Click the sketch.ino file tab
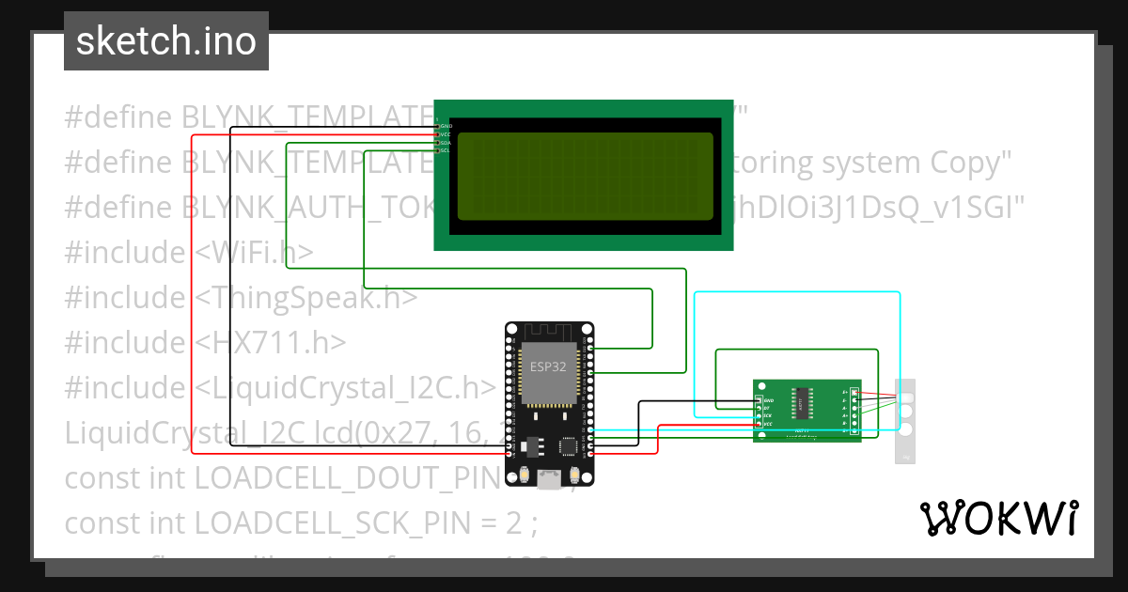[165, 41]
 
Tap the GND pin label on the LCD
[446, 126]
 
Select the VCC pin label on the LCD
[446, 134]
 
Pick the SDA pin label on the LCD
[446, 143]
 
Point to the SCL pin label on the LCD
[446, 150]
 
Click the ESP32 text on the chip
[549, 366]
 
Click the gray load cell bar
[905, 421]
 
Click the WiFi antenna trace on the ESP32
[549, 333]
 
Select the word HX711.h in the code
[272, 343]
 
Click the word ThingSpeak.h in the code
[306, 298]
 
